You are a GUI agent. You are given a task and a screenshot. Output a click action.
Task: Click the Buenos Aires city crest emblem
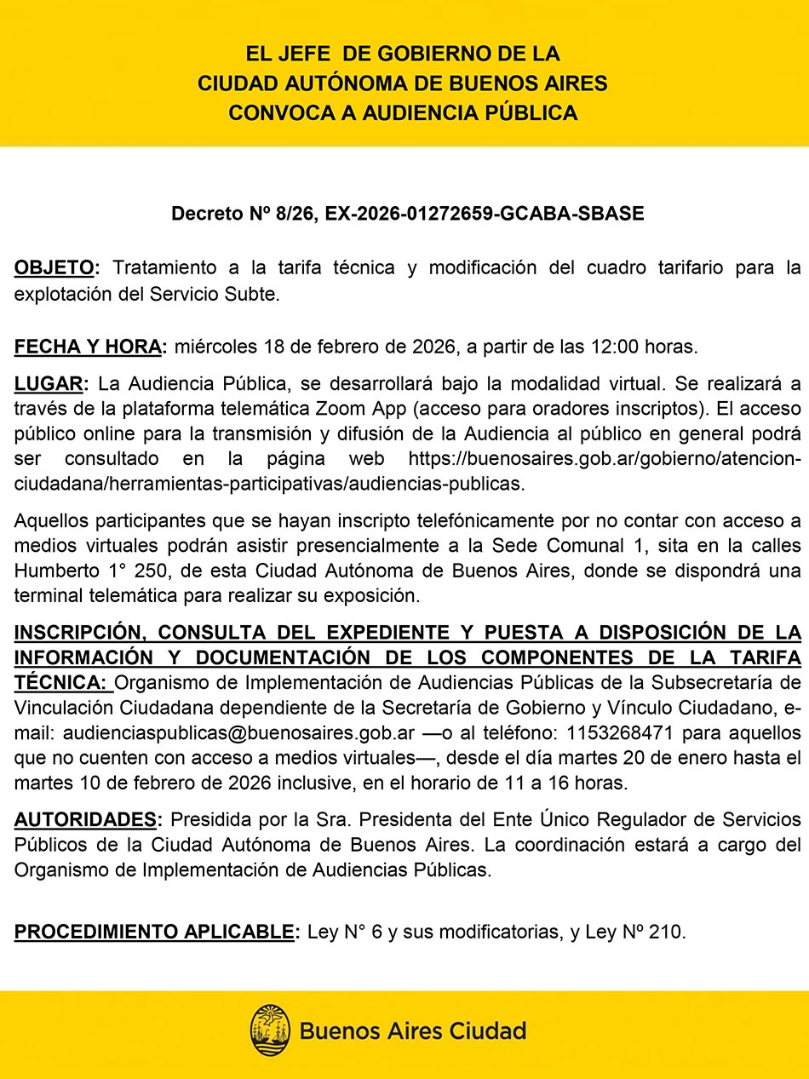270,1030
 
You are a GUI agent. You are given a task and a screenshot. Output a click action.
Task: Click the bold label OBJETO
54,268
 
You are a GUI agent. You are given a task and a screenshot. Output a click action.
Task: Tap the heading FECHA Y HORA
88,347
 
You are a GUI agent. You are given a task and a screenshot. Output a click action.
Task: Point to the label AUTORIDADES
85,820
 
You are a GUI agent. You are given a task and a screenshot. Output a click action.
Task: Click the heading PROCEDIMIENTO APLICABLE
154,933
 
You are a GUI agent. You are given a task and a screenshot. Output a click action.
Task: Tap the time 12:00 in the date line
605,347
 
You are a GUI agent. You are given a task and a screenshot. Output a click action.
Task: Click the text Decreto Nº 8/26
243,214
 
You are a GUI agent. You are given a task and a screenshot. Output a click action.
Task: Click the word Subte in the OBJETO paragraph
254,295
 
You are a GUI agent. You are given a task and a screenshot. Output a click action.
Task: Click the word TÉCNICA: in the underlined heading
60,683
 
